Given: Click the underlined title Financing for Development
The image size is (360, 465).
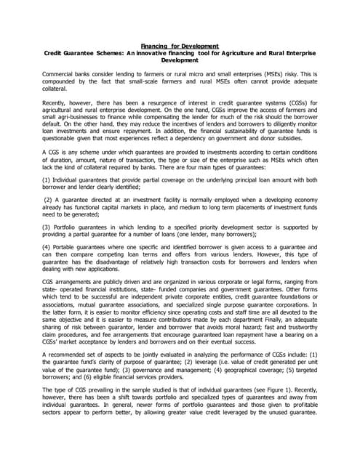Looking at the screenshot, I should (x=179, y=46).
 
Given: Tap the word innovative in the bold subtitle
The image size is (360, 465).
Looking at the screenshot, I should (x=187, y=54).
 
